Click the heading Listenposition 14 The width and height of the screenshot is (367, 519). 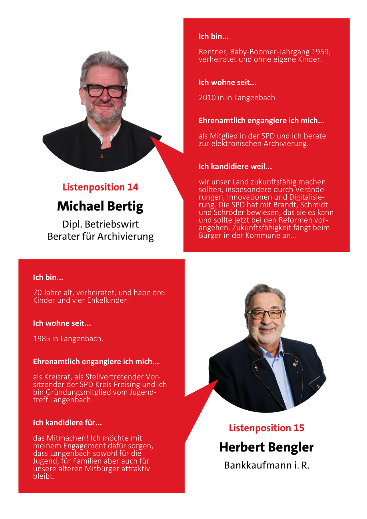[x=100, y=187]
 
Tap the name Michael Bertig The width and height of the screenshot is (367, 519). [x=100, y=206]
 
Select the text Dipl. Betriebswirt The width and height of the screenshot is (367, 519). [x=100, y=224]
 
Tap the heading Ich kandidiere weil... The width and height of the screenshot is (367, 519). [x=235, y=167]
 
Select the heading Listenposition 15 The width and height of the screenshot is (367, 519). [x=266, y=428]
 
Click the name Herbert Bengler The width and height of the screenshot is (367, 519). [x=266, y=447]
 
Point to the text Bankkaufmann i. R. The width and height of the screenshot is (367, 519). [x=266, y=465]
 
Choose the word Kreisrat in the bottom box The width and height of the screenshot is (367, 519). [x=57, y=377]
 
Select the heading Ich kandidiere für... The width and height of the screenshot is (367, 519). [x=67, y=423]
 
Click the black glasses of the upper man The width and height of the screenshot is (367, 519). [x=104, y=91]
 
